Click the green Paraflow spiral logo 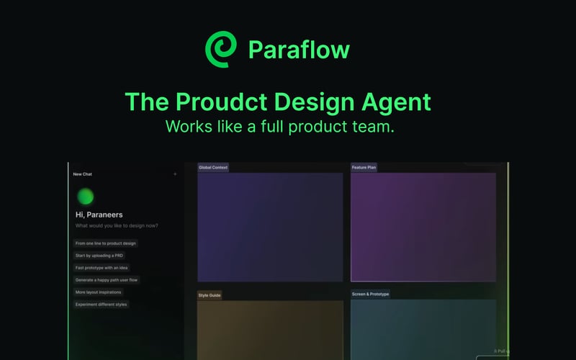(221, 49)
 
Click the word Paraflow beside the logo (299, 50)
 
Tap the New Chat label (82, 174)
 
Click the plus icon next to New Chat (175, 174)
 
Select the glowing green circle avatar (85, 197)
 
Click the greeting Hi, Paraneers (99, 215)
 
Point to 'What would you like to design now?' (116, 226)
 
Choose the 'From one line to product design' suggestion (106, 243)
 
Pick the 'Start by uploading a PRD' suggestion (100, 256)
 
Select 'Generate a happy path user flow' (107, 280)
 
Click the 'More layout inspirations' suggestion (99, 292)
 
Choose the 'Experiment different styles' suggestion (101, 305)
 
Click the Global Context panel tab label (213, 168)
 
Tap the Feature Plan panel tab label (364, 168)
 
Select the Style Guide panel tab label (210, 294)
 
